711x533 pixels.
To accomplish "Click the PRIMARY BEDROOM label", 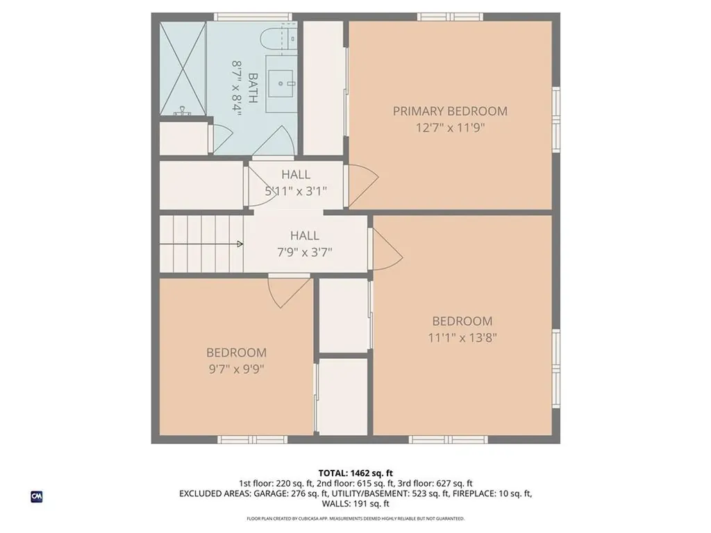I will tap(450, 111).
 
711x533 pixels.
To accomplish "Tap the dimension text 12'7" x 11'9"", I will tap(450, 128).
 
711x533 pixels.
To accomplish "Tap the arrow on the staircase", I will tap(238, 244).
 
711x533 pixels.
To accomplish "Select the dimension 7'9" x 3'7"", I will tap(305, 252).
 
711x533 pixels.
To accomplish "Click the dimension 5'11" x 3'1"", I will tap(296, 191).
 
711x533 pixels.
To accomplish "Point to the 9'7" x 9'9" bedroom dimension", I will tap(236, 369).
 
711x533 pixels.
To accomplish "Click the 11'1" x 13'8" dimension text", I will tap(462, 338).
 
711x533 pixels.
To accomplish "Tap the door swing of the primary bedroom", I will tap(362, 185).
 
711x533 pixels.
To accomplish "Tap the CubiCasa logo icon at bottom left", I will tap(37, 496).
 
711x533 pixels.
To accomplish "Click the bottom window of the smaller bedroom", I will tap(252, 439).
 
